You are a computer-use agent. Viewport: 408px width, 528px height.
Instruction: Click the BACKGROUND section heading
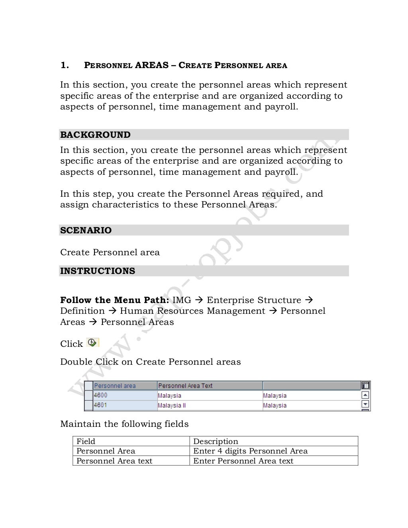pyautogui.click(x=95, y=135)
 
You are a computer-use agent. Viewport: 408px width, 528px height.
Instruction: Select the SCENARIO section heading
pyautogui.click(x=86, y=230)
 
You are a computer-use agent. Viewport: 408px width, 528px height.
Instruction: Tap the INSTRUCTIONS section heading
pyautogui.click(x=98, y=271)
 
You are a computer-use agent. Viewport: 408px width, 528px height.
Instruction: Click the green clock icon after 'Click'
pyautogui.click(x=92, y=342)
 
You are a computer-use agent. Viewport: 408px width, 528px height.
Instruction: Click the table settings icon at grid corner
pyautogui.click(x=365, y=385)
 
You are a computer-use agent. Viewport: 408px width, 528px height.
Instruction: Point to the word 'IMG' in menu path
pyautogui.click(x=182, y=300)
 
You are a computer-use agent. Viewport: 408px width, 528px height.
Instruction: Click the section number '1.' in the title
pyautogui.click(x=65, y=65)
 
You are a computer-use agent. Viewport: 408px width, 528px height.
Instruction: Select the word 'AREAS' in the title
pyautogui.click(x=152, y=65)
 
